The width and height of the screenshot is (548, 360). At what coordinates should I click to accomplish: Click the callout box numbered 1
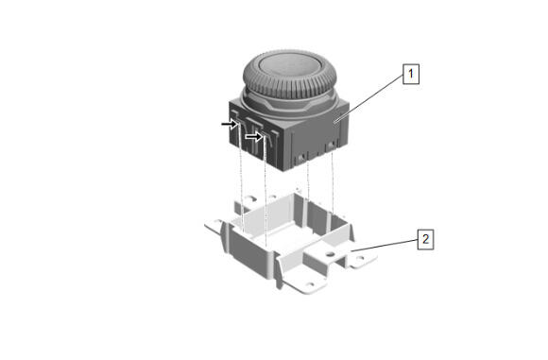pos(411,74)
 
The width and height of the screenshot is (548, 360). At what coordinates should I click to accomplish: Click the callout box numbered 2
pos(426,239)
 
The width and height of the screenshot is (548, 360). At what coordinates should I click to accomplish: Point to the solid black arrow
pos(230,124)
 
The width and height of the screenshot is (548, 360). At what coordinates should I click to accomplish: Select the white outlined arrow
pos(254,136)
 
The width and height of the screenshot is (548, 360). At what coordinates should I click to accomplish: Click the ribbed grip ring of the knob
pos(290,86)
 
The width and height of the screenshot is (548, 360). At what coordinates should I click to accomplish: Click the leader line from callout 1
pos(369,98)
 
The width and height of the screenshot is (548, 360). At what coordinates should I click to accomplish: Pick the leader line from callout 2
pos(385,246)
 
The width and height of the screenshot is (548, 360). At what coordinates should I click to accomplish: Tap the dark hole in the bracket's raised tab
pos(328,252)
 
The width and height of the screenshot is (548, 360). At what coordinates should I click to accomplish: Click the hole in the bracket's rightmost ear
pos(360,259)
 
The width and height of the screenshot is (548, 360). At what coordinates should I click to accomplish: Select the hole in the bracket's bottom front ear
pos(308,284)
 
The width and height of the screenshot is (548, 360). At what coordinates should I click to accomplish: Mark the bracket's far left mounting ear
pos(214,226)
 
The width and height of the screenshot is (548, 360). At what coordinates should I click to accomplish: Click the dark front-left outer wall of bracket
pos(249,252)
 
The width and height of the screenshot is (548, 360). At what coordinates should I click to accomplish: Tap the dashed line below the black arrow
pos(241,178)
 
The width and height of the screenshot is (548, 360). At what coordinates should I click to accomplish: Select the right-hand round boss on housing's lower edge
pos(329,146)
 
